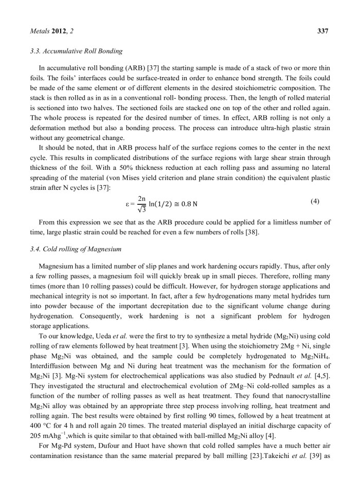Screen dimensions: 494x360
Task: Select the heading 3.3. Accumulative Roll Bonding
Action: point(71,50)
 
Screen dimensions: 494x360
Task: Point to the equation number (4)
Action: point(322,201)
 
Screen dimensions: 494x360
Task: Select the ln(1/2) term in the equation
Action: point(166,204)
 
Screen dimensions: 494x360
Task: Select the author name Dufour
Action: point(111,451)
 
